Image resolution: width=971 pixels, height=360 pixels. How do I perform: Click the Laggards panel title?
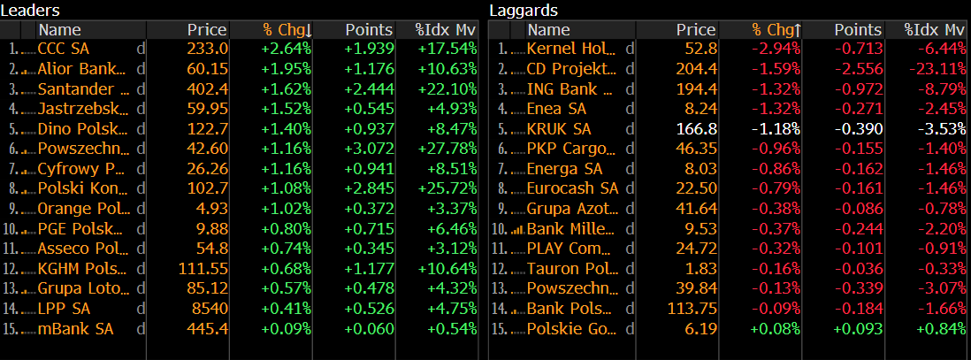[524, 10]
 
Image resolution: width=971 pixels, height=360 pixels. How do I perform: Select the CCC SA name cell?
[64, 48]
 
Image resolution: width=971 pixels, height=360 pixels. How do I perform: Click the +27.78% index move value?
[451, 149]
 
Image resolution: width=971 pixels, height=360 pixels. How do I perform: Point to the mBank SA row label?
[76, 329]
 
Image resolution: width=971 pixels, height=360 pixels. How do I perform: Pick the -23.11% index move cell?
[938, 68]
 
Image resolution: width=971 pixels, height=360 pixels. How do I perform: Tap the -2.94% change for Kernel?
[776, 48]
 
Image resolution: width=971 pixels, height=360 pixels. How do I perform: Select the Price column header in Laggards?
[696, 30]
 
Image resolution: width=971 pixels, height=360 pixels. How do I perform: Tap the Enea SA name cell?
[557, 108]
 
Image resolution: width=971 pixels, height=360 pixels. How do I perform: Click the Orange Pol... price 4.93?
[213, 209]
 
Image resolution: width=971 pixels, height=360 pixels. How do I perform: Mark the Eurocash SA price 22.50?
[697, 188]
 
